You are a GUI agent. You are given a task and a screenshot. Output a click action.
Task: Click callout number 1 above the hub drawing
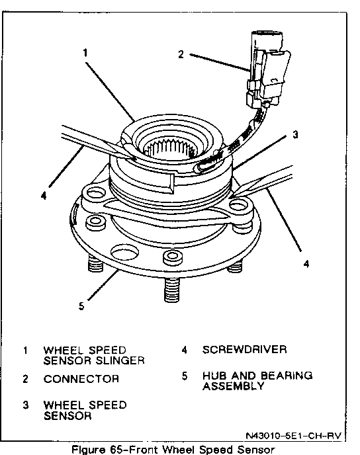[85, 53]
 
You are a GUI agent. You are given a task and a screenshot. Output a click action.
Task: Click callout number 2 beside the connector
[181, 54]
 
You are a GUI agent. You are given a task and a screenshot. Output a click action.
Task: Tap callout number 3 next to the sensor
[295, 134]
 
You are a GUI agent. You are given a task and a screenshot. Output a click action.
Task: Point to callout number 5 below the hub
[81, 306]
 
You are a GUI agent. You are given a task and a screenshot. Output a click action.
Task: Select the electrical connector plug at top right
[267, 69]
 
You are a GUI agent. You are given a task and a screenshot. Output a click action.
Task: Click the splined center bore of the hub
[170, 148]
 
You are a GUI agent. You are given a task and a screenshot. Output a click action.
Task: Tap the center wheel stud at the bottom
[172, 290]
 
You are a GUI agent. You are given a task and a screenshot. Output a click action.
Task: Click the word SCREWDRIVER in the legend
[244, 349]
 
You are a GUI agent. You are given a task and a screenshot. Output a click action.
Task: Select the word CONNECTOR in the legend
[81, 379]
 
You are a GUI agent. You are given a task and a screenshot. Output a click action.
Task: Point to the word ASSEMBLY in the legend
[234, 386]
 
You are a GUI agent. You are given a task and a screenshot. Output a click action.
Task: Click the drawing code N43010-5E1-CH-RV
[294, 436]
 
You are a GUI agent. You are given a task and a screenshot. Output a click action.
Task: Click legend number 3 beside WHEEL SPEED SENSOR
[26, 405]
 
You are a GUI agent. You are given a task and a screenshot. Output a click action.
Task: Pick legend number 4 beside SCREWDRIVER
[184, 350]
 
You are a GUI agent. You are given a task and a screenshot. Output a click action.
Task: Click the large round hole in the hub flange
[124, 252]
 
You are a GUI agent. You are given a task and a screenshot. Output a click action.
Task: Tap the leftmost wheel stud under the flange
[95, 263]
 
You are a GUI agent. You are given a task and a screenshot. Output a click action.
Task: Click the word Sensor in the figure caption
[256, 450]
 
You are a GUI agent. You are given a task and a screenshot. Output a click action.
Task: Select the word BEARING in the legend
[287, 376]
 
